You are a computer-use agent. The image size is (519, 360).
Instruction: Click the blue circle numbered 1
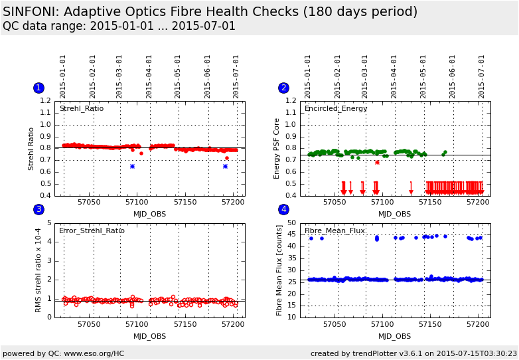coord(38,88)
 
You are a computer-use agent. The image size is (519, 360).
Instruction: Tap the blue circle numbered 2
coord(283,88)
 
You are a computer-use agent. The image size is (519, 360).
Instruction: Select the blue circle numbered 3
coord(38,210)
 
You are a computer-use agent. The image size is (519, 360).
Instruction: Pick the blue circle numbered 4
coord(283,210)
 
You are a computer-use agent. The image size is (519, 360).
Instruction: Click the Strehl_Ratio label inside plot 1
coord(82,108)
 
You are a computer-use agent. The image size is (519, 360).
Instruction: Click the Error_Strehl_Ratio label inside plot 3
coord(92,230)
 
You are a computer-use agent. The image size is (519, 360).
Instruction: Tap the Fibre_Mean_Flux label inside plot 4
coord(335,230)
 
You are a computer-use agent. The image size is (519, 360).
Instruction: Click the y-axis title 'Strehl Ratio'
coord(31,149)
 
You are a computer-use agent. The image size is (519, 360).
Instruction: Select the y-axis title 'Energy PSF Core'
coord(277,148)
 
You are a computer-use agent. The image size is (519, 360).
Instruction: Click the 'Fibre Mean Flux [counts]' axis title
coord(279,270)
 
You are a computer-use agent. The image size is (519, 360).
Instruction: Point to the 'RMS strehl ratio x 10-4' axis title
coord(39,270)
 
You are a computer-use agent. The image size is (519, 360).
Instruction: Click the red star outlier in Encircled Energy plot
coord(377,162)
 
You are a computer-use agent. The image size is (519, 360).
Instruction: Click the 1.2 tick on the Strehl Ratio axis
coord(45,101)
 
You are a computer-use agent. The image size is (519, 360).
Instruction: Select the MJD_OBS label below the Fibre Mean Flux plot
coord(395,336)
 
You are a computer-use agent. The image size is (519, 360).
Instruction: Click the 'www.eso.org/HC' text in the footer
coord(95,353)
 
